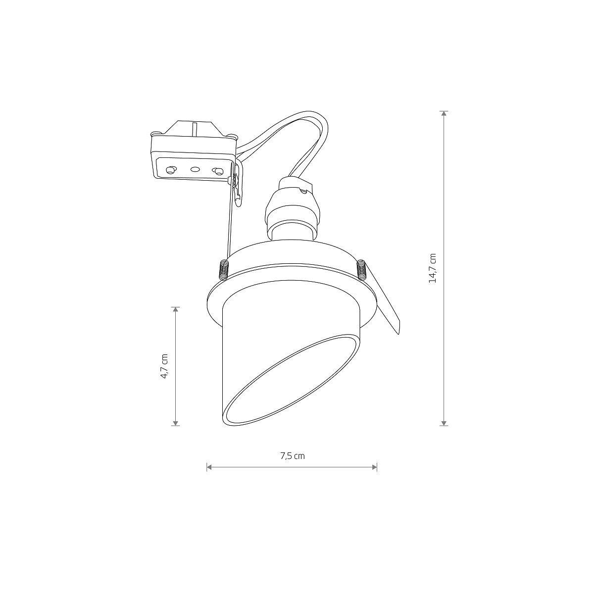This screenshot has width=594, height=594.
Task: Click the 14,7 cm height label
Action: (x=433, y=268)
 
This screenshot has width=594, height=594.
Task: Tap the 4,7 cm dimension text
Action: (x=164, y=366)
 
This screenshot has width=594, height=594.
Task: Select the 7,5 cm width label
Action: (x=292, y=456)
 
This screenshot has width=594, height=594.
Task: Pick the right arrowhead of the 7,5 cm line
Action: (x=374, y=467)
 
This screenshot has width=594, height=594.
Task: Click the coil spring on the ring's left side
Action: (x=223, y=270)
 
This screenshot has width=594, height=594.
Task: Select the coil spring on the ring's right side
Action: (x=361, y=270)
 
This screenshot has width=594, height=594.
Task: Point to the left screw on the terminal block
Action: (x=170, y=170)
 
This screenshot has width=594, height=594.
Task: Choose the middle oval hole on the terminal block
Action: (x=195, y=169)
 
